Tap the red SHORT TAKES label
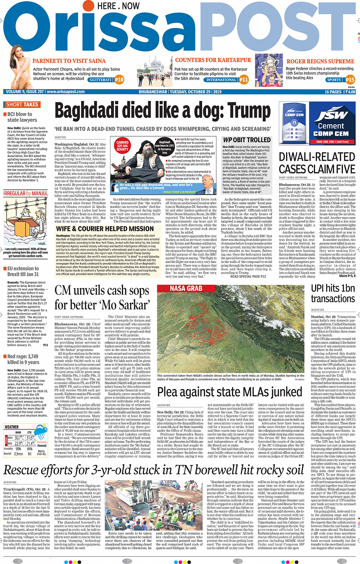coord(22,104)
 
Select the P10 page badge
coord(119,80)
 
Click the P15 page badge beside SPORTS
coord(350,80)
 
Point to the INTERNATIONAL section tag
coord(221,80)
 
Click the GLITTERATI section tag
coord(101,80)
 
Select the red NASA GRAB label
coord(186,288)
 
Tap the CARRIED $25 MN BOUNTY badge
coord(122,146)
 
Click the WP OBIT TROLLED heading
coord(246,140)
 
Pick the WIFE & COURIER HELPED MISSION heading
coord(105,229)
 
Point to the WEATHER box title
coord(12,427)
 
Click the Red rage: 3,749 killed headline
coord(23,359)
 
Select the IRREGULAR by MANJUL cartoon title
coord(26,194)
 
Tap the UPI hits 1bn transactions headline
coord(333,293)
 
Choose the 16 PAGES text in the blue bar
coord(333,92)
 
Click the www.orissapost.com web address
coord(65,92)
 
